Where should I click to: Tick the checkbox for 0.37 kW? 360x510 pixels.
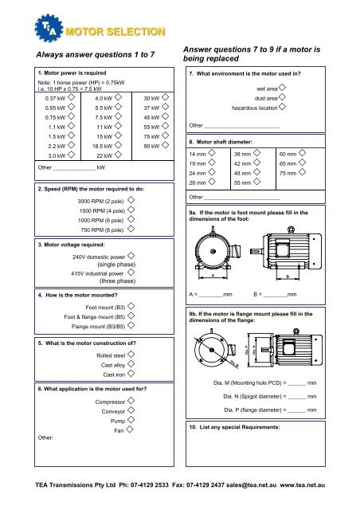71,99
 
